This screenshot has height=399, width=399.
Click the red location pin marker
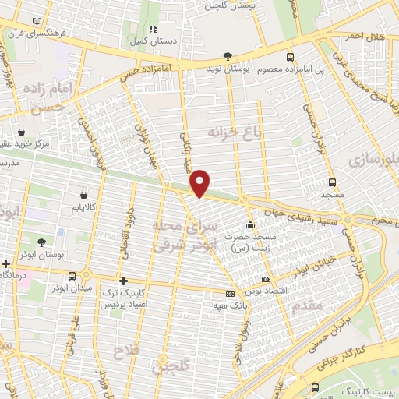coord(200,182)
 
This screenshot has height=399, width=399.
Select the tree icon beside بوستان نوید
coord(228,56)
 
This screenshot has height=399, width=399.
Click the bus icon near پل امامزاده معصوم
coord(291,57)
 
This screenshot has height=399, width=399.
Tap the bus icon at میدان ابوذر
coord(72,276)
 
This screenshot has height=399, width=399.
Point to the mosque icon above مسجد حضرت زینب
coord(249,226)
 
